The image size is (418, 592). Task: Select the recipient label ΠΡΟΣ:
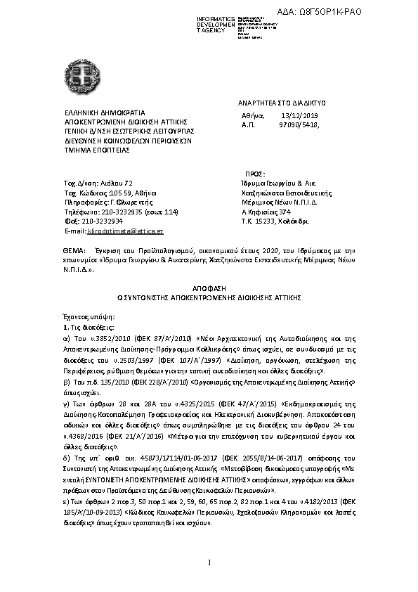tap(254, 173)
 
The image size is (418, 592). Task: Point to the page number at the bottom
tap(209, 560)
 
